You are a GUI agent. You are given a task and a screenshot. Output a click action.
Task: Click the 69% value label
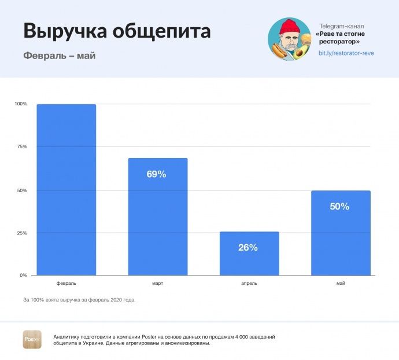click(x=156, y=174)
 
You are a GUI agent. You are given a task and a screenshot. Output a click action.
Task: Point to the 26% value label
click(x=247, y=248)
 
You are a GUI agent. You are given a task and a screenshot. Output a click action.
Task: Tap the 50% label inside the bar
click(x=339, y=207)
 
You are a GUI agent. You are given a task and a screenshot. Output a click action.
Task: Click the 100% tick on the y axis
click(x=21, y=104)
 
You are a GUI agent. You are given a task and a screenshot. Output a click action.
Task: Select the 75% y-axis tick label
click(x=21, y=147)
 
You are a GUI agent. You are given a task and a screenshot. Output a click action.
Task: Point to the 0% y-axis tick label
click(x=23, y=275)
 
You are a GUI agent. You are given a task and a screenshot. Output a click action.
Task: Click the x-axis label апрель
click(x=249, y=284)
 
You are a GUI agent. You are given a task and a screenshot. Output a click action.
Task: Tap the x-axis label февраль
click(x=66, y=284)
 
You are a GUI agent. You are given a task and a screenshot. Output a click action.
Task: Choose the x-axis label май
click(x=341, y=284)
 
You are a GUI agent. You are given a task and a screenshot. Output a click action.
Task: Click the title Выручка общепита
click(x=117, y=31)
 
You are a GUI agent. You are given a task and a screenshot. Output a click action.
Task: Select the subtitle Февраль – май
click(x=60, y=56)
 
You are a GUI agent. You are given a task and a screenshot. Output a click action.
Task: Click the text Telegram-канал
click(x=342, y=27)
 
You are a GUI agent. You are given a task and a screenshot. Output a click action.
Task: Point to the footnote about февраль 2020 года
click(x=79, y=300)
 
